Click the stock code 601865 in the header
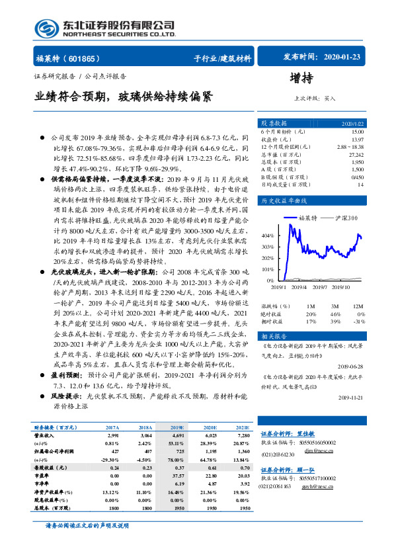click(x=80, y=58)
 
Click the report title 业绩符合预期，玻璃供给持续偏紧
click(x=124, y=96)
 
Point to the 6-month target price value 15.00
click(x=357, y=132)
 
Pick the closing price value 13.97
click(x=357, y=138)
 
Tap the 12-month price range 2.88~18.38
click(x=350, y=146)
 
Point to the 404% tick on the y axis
click(x=266, y=235)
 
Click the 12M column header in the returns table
click(x=357, y=306)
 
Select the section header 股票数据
click(x=274, y=124)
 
